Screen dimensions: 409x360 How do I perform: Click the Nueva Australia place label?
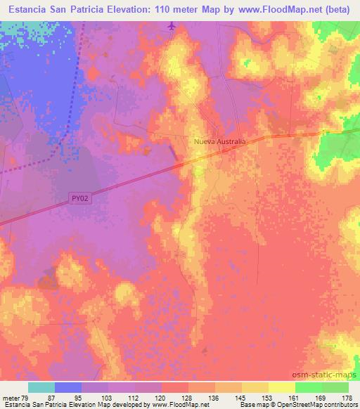pos(220,141)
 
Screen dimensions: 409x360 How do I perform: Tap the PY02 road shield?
pos(80,200)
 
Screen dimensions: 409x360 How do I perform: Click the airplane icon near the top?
pos(172,27)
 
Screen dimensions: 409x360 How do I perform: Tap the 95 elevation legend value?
pos(82,398)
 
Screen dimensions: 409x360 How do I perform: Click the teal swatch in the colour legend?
pos(41,387)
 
